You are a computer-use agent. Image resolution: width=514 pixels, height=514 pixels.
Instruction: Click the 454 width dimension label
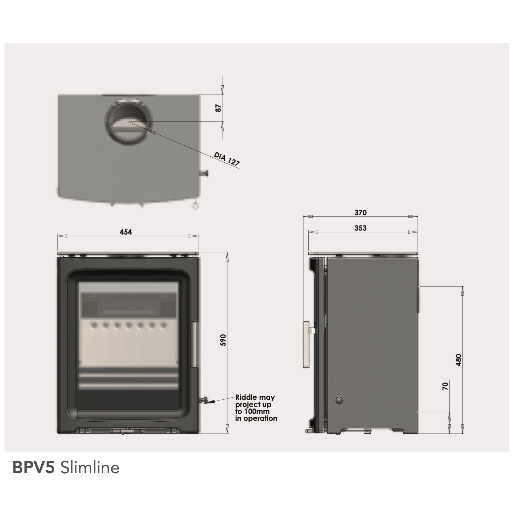(126, 232)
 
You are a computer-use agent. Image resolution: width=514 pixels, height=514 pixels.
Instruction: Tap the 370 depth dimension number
(360, 212)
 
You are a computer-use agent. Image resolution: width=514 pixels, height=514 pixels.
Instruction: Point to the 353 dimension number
(360, 228)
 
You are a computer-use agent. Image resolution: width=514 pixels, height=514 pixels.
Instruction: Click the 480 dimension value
(458, 360)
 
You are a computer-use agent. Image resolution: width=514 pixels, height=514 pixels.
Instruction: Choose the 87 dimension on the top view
(218, 108)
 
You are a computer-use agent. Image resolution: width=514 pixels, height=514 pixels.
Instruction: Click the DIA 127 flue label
(227, 159)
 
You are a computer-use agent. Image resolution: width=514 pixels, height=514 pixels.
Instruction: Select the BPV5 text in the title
(34, 468)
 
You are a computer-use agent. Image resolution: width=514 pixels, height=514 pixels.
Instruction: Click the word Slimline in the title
(90, 468)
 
